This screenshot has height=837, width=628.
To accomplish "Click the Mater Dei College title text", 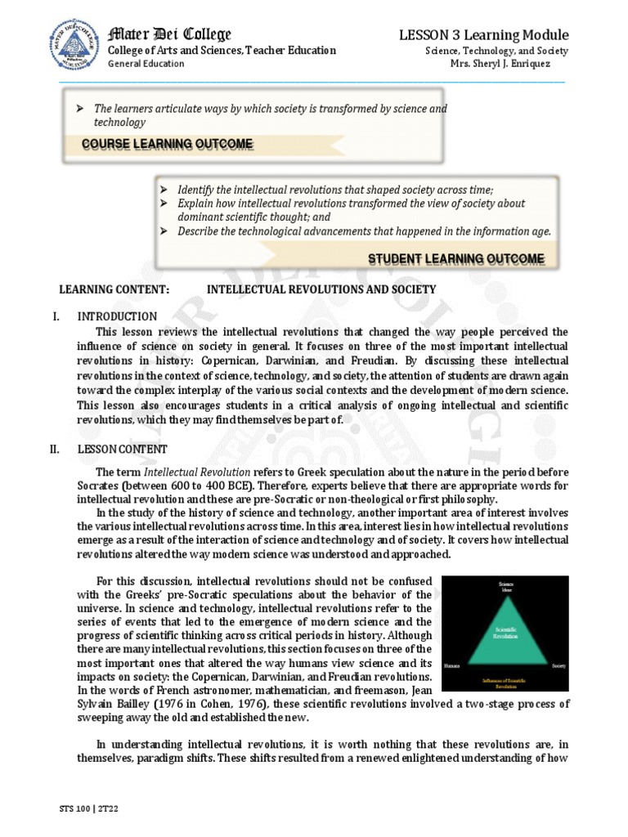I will (170, 34).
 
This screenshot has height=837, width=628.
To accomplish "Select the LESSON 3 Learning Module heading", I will (483, 34).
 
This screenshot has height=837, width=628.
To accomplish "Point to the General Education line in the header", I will (146, 64).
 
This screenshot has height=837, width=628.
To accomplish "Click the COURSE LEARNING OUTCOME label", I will (168, 145).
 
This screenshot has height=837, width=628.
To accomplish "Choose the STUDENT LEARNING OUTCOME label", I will (455, 259).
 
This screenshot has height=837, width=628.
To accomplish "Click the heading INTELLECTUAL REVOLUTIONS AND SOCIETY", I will (321, 290).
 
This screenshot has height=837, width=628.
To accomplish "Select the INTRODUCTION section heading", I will (117, 316).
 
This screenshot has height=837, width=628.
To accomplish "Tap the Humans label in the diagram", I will (453, 665).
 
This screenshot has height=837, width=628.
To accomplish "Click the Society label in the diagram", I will (558, 665).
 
